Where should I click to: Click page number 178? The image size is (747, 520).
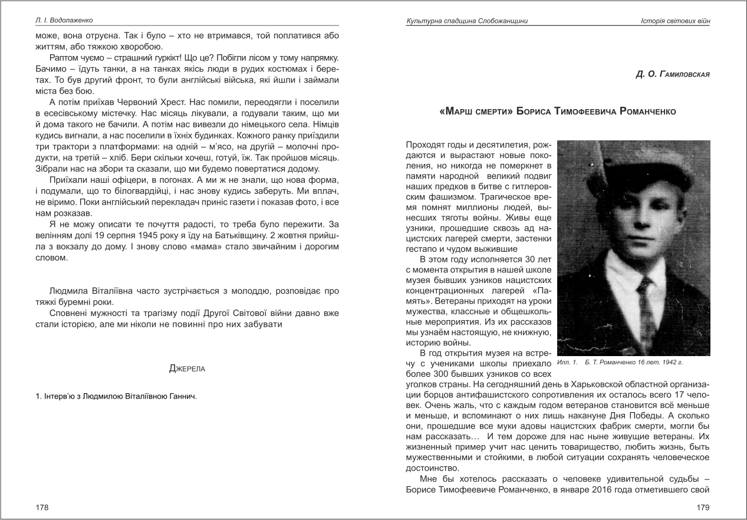[x=42, y=507]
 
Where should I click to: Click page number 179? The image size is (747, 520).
[x=703, y=507]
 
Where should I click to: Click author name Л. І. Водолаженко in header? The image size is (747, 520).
[x=64, y=21]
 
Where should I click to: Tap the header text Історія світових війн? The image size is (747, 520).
[x=674, y=21]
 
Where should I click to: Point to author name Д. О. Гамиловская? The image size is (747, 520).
[x=673, y=75]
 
